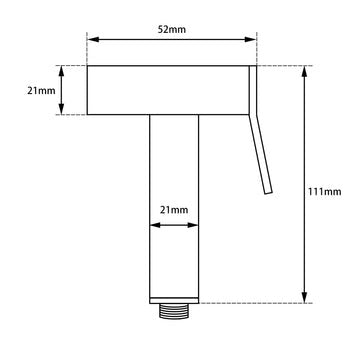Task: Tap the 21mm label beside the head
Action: (x=41, y=91)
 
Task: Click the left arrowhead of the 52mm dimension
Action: (x=91, y=41)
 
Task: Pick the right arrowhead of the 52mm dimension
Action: (x=253, y=41)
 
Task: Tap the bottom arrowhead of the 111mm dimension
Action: (x=301, y=298)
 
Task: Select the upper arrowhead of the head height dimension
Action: (x=63, y=70)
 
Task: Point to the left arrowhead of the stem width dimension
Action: (x=153, y=224)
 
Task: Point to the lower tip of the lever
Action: (x=267, y=191)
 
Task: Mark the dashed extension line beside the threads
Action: (x=250, y=303)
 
